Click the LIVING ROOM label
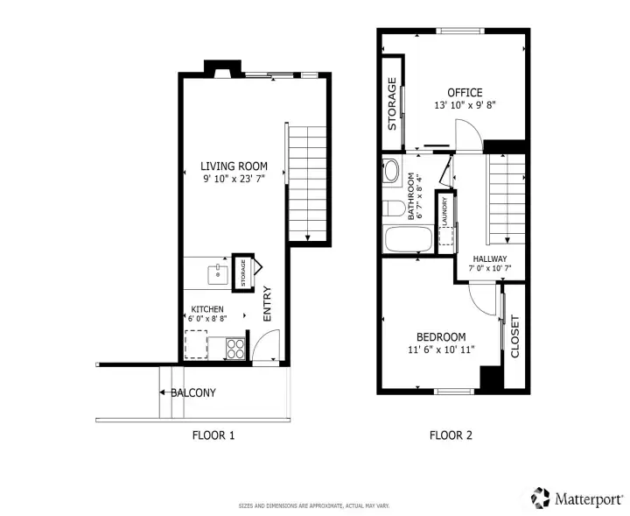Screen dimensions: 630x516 234,166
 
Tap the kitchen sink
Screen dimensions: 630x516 218,275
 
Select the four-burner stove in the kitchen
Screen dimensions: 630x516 235,349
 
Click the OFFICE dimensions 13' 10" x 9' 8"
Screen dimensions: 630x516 465,105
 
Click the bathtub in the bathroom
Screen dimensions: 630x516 409,239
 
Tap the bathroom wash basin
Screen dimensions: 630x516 391,171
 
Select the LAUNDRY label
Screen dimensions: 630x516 444,211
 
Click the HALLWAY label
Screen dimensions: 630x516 490,259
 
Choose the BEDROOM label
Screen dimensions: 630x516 441,337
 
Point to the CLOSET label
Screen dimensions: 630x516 514,336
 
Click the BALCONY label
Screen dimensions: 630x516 193,392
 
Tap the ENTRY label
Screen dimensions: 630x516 267,304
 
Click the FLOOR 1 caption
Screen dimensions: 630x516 213,435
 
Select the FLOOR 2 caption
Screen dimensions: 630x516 451,435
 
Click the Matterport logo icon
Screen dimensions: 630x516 541,498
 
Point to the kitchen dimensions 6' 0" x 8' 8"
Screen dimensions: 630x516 207,319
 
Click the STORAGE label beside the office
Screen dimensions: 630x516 392,103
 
